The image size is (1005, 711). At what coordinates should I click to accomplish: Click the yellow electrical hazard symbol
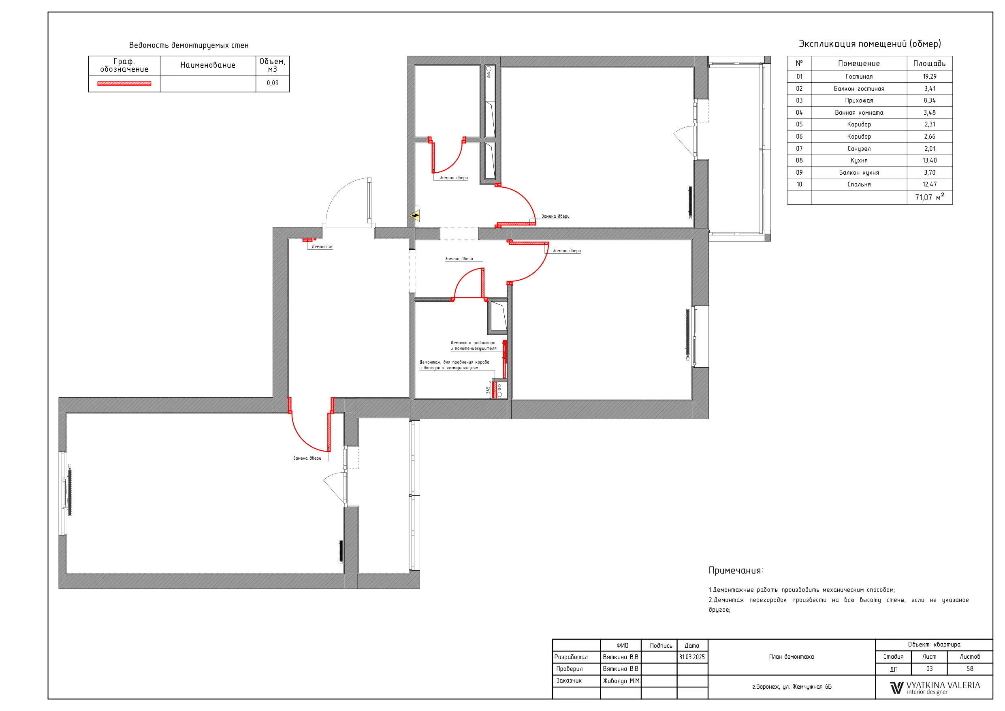pos(414,215)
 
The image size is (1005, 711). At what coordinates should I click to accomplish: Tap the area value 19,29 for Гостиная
pos(929,77)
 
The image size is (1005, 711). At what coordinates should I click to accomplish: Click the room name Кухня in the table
pos(859,161)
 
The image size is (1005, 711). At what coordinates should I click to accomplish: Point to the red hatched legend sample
pos(124,84)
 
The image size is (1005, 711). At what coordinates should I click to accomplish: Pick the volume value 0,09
pos(272,83)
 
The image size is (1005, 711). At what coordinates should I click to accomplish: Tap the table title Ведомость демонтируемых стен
pos(189,45)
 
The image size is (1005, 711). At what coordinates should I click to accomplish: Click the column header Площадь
pos(929,64)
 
